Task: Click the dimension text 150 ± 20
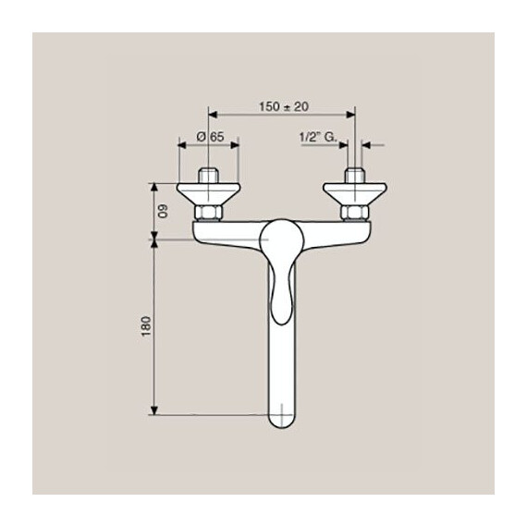(x=284, y=106)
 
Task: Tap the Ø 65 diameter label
(x=212, y=137)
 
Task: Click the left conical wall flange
(x=211, y=194)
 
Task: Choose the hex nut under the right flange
(x=352, y=214)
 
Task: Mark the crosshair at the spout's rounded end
(x=281, y=413)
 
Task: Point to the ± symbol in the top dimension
(x=285, y=106)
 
